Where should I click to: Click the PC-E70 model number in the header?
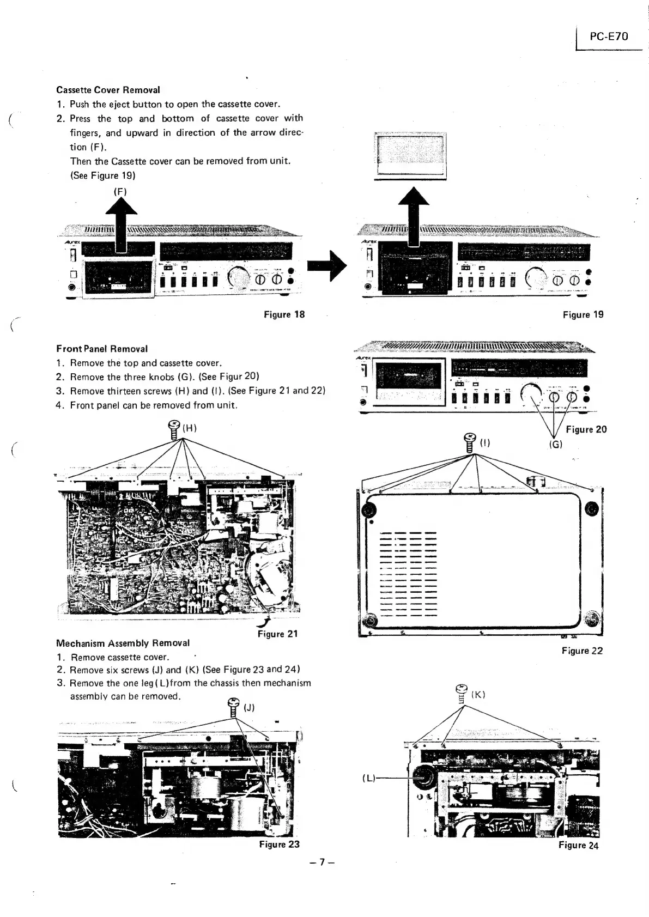(x=609, y=37)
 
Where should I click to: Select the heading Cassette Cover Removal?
(x=108, y=90)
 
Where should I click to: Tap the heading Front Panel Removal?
(x=102, y=349)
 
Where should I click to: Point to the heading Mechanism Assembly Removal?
(x=123, y=643)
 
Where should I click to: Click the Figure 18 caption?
(x=284, y=314)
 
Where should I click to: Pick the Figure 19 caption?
(x=583, y=314)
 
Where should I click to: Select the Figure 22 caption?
(x=582, y=651)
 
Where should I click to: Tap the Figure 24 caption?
(x=578, y=845)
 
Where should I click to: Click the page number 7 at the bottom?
(x=322, y=862)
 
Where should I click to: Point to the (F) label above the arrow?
(x=120, y=191)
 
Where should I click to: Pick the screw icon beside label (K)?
(x=462, y=694)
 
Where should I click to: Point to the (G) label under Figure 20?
(x=555, y=444)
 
